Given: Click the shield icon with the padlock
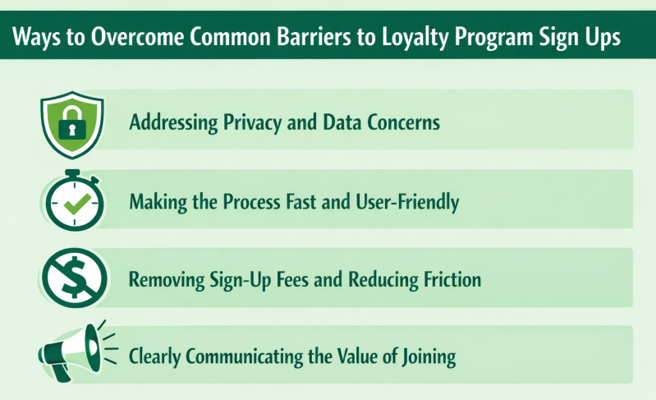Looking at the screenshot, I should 71,121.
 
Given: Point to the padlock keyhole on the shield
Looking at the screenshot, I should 71,130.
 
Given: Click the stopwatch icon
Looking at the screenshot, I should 71,200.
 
